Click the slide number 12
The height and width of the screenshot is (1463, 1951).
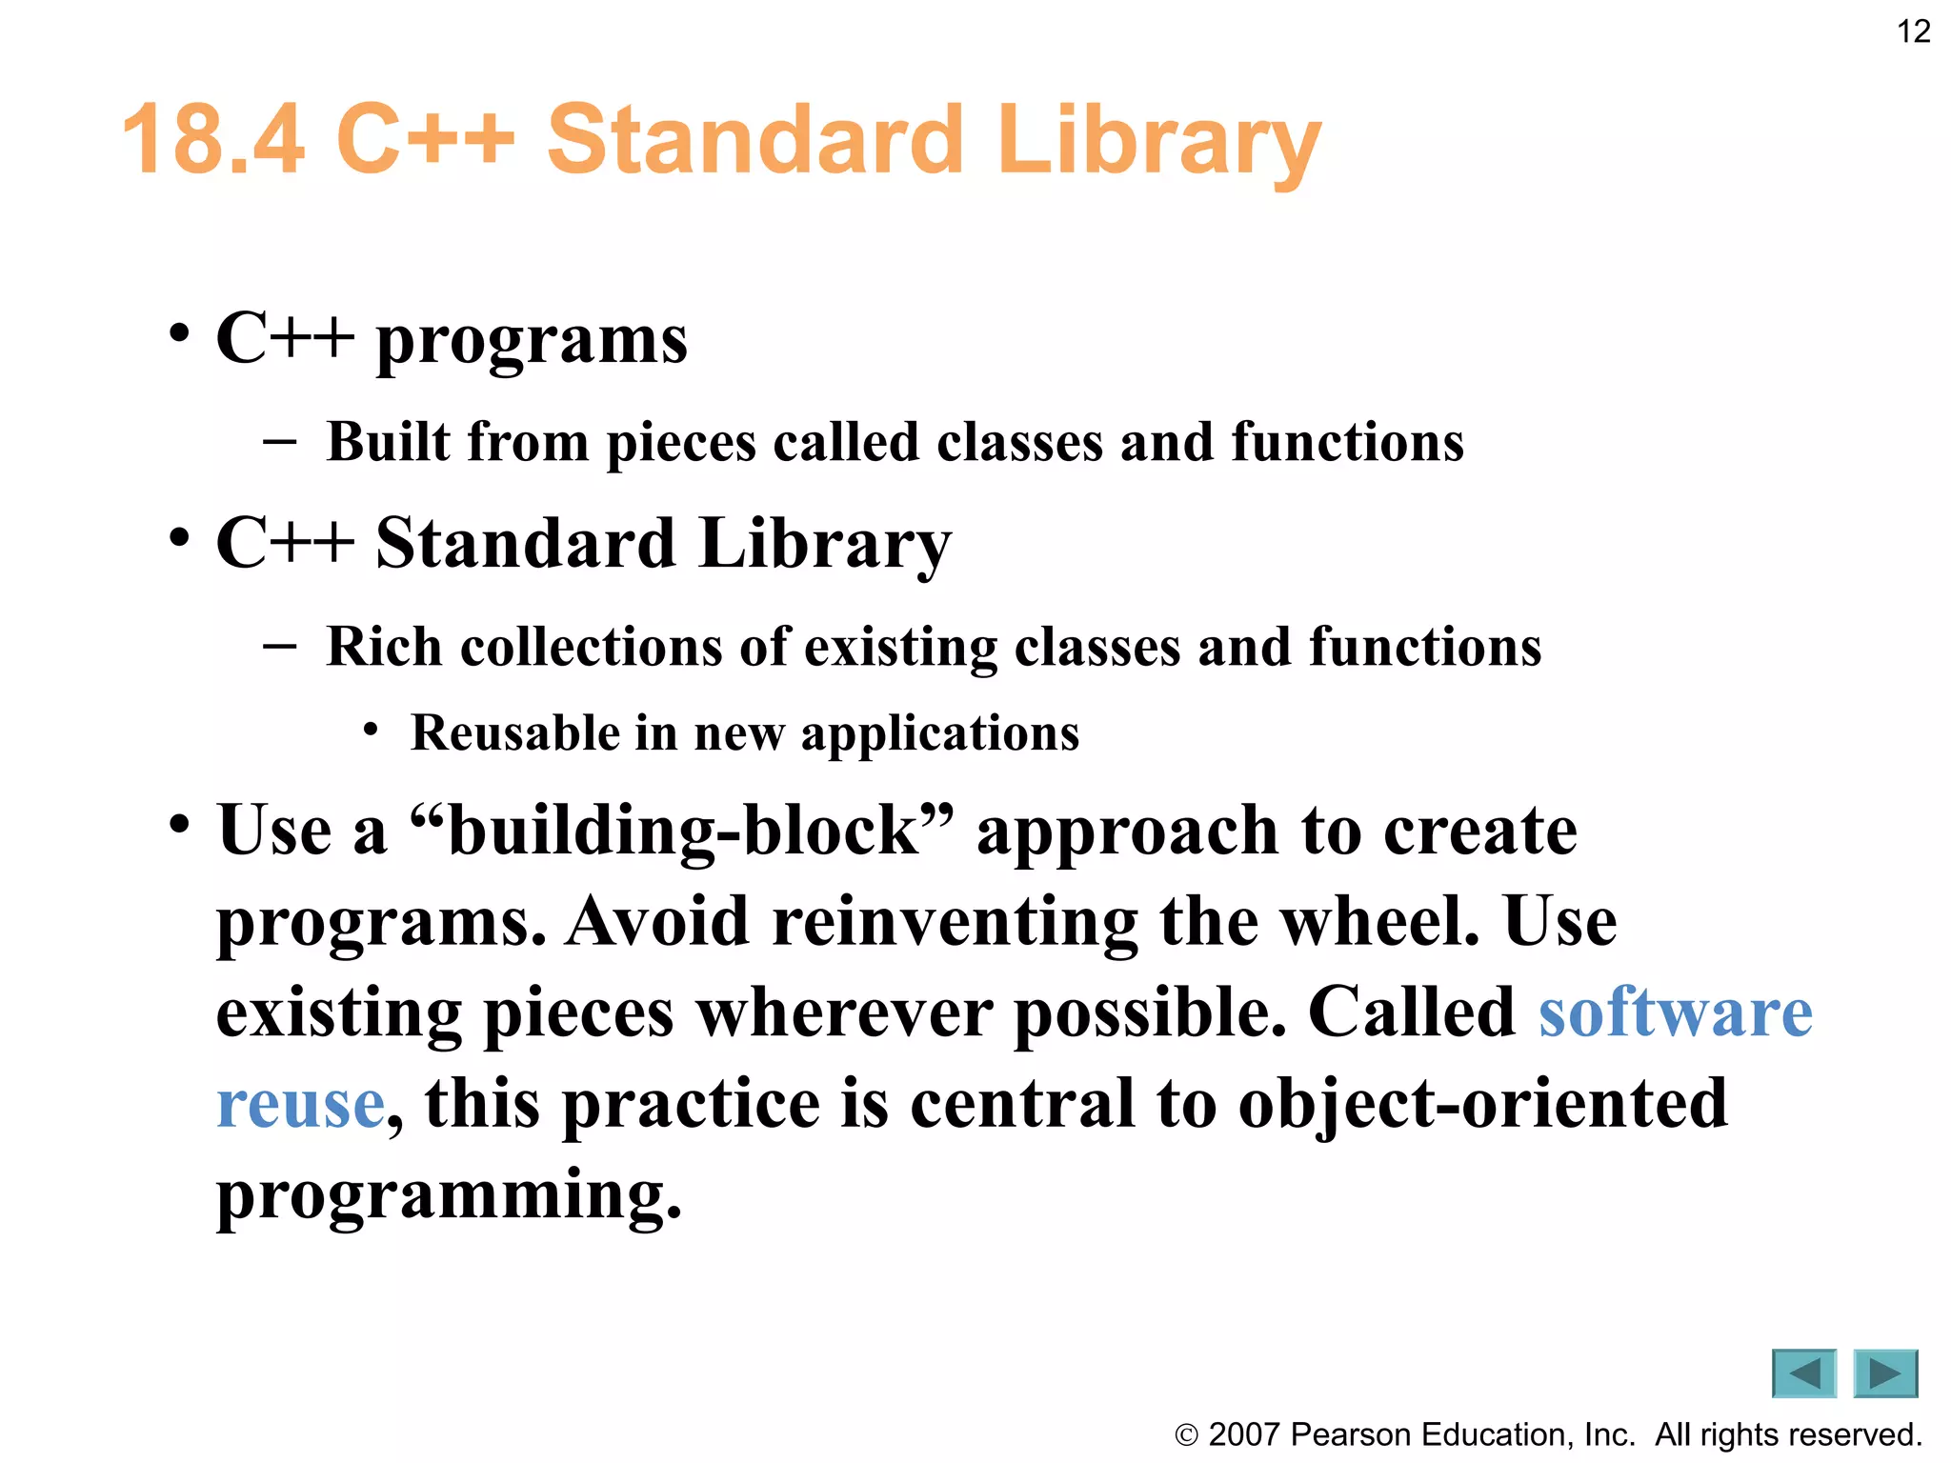tap(1913, 31)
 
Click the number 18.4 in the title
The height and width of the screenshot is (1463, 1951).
tap(214, 141)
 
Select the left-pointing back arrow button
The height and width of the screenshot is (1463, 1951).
tap(1803, 1373)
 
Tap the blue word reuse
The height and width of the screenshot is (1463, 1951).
tap(300, 1103)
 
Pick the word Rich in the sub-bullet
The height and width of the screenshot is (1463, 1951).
tap(384, 647)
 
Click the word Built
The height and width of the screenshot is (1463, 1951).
tap(389, 442)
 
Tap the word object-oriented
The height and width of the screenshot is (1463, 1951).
tap(1481, 1103)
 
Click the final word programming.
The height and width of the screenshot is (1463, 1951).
tap(448, 1194)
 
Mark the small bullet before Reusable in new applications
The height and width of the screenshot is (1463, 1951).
tap(371, 731)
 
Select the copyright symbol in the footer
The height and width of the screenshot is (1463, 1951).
tap(1186, 1435)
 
